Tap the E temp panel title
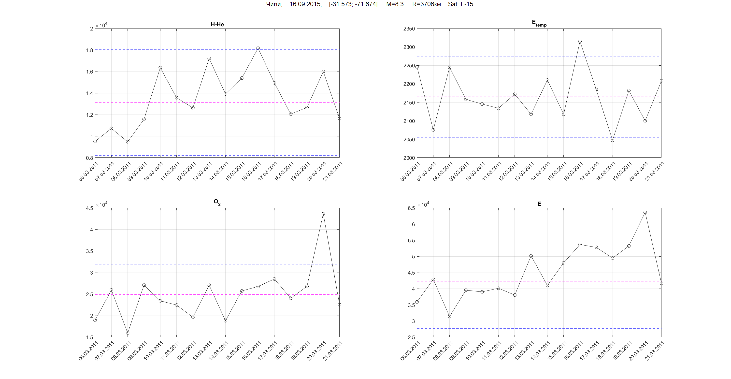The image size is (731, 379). coord(539,23)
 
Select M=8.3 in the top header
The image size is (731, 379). coord(395,4)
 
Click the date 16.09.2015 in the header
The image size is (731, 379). coord(305,4)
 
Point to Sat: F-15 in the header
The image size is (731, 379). coord(460,4)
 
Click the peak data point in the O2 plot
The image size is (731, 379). coord(323,214)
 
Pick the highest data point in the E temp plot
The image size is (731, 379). coord(580,42)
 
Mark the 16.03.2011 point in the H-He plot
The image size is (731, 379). coord(258,48)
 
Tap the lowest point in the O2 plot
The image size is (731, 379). coord(128,333)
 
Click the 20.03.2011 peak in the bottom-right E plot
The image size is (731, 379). coord(645,212)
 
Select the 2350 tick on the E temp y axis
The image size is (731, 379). coord(409,29)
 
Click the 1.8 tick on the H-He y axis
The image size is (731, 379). coord(90,50)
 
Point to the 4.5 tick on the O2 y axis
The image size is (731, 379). coord(89,208)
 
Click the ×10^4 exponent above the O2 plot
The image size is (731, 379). coord(101,205)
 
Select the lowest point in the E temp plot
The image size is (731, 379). coord(613,140)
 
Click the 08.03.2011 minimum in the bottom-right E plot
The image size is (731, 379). coord(449,317)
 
